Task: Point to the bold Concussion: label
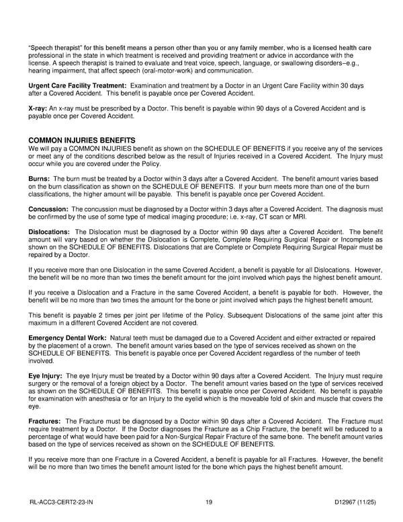pyautogui.click(x=50, y=210)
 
